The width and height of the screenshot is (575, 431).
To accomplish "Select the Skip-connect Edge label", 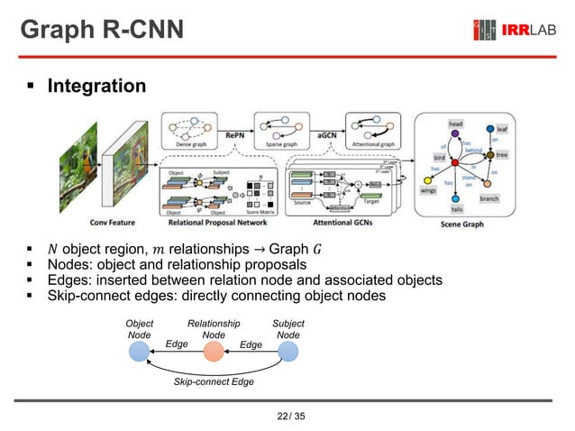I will tap(214, 382).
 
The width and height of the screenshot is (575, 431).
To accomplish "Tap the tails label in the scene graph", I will tap(457, 209).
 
